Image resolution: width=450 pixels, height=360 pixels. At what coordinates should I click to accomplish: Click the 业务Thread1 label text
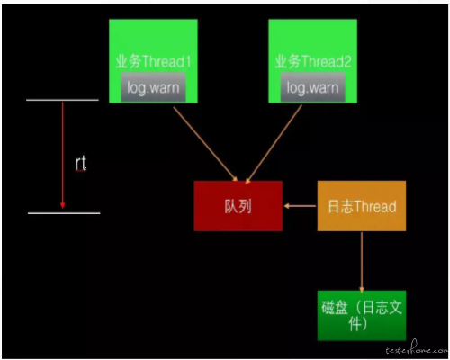tap(153, 61)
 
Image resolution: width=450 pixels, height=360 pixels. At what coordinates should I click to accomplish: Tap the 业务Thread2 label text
tap(313, 61)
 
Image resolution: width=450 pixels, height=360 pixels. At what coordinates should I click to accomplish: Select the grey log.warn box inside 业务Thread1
tap(153, 87)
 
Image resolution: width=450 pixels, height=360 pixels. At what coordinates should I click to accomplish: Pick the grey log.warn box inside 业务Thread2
tap(312, 87)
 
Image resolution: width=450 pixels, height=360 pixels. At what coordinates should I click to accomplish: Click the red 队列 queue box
tap(238, 206)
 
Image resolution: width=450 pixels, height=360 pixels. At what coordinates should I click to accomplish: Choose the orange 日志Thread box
tap(362, 206)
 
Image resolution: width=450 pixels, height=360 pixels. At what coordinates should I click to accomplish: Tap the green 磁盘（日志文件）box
tap(362, 316)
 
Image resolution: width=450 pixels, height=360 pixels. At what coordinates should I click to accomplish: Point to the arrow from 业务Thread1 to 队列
tap(205, 144)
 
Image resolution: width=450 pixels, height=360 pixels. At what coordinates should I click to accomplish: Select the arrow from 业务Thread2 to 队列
tap(274, 144)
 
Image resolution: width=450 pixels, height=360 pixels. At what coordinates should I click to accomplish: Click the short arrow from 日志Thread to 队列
tap(300, 206)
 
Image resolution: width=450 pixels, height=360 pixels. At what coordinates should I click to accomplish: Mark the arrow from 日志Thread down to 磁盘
tap(362, 262)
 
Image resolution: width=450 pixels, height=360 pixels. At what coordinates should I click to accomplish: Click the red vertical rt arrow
tap(63, 155)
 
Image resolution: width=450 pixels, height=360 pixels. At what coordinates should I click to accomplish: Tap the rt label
tap(81, 164)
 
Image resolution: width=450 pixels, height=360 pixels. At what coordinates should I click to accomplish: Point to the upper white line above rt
tap(62, 100)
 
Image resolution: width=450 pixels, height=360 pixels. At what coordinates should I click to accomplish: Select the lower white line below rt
tap(64, 213)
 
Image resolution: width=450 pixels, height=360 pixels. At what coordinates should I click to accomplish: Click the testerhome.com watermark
tap(417, 348)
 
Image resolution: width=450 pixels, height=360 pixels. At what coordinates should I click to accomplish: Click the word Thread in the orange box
tap(375, 207)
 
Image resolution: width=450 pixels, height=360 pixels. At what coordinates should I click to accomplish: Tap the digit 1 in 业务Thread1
tap(188, 62)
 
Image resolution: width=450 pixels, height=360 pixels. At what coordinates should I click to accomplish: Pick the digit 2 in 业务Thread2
tap(347, 62)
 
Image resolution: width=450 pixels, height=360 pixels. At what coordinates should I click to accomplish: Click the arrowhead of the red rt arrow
tap(63, 205)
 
